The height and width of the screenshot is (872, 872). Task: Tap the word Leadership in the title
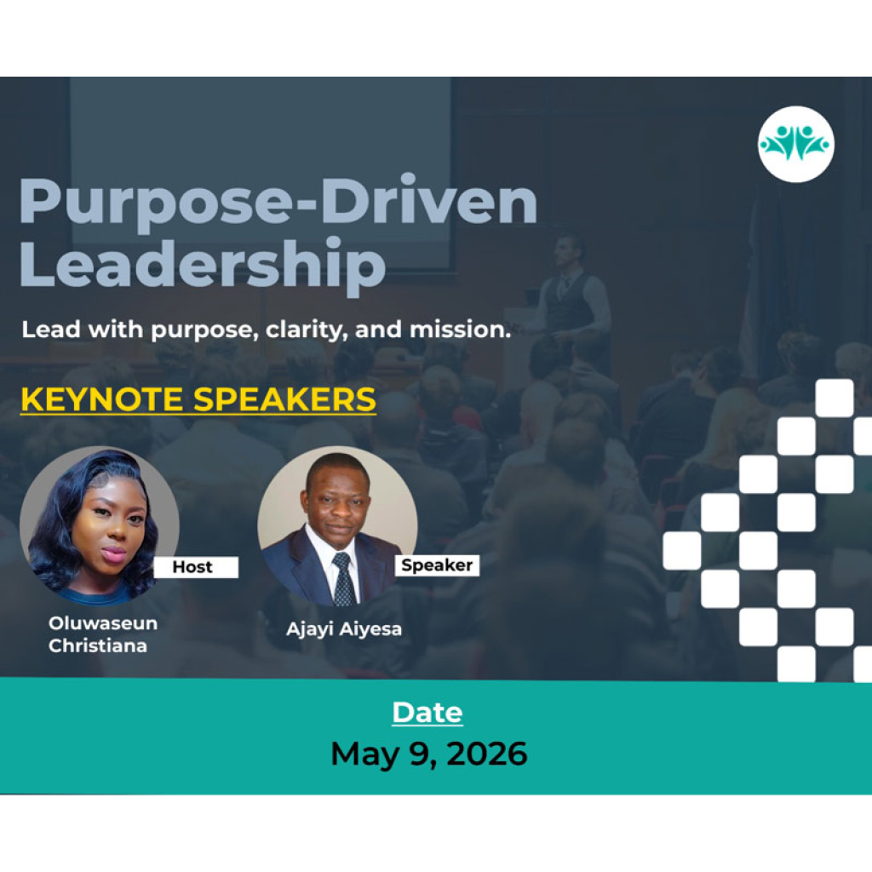point(203,265)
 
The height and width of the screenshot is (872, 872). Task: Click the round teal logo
point(796,144)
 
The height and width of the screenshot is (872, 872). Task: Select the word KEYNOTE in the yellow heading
point(102,399)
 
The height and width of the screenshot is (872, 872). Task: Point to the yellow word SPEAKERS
point(284,399)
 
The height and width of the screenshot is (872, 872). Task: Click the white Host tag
point(196,566)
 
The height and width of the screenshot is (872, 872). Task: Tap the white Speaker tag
point(437,565)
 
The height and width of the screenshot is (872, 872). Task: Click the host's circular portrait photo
point(100,525)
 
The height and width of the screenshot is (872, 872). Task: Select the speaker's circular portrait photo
point(337,525)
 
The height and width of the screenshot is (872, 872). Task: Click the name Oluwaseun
point(103,622)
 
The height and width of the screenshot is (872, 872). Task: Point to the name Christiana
point(98,645)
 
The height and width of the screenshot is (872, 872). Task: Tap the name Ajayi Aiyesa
point(344,629)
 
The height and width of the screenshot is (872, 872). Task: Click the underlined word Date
point(427,713)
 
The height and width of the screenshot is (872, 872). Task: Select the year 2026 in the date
point(486,754)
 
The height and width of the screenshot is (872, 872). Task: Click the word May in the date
point(364,755)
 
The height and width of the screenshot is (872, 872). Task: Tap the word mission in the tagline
point(460,330)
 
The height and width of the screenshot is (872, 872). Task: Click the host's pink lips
point(113,553)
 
